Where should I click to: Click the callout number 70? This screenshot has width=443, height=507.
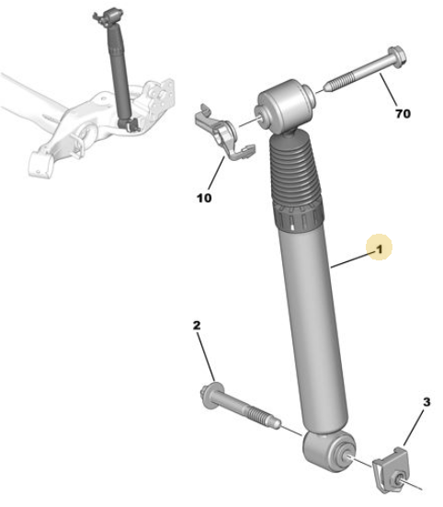coord(403,113)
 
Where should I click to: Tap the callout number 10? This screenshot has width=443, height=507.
coord(204,198)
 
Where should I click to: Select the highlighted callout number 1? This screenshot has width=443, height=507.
coord(380,249)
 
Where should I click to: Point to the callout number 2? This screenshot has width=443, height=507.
coord(197,326)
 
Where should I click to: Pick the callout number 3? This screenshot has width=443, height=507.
coord(426,402)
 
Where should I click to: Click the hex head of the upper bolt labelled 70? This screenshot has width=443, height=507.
coord(397,57)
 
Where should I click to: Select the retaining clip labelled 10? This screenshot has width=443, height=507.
coord(224,133)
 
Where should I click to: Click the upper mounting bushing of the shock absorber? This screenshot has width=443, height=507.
coord(285,106)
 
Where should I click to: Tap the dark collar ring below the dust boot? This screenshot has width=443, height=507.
coord(298,217)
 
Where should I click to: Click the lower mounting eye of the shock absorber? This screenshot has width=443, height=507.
coord(329,451)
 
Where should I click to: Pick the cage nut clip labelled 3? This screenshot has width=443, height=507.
coord(392,470)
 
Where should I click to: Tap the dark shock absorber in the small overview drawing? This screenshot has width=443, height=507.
coord(119,71)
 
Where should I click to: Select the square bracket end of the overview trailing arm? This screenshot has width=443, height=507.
coord(40,165)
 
